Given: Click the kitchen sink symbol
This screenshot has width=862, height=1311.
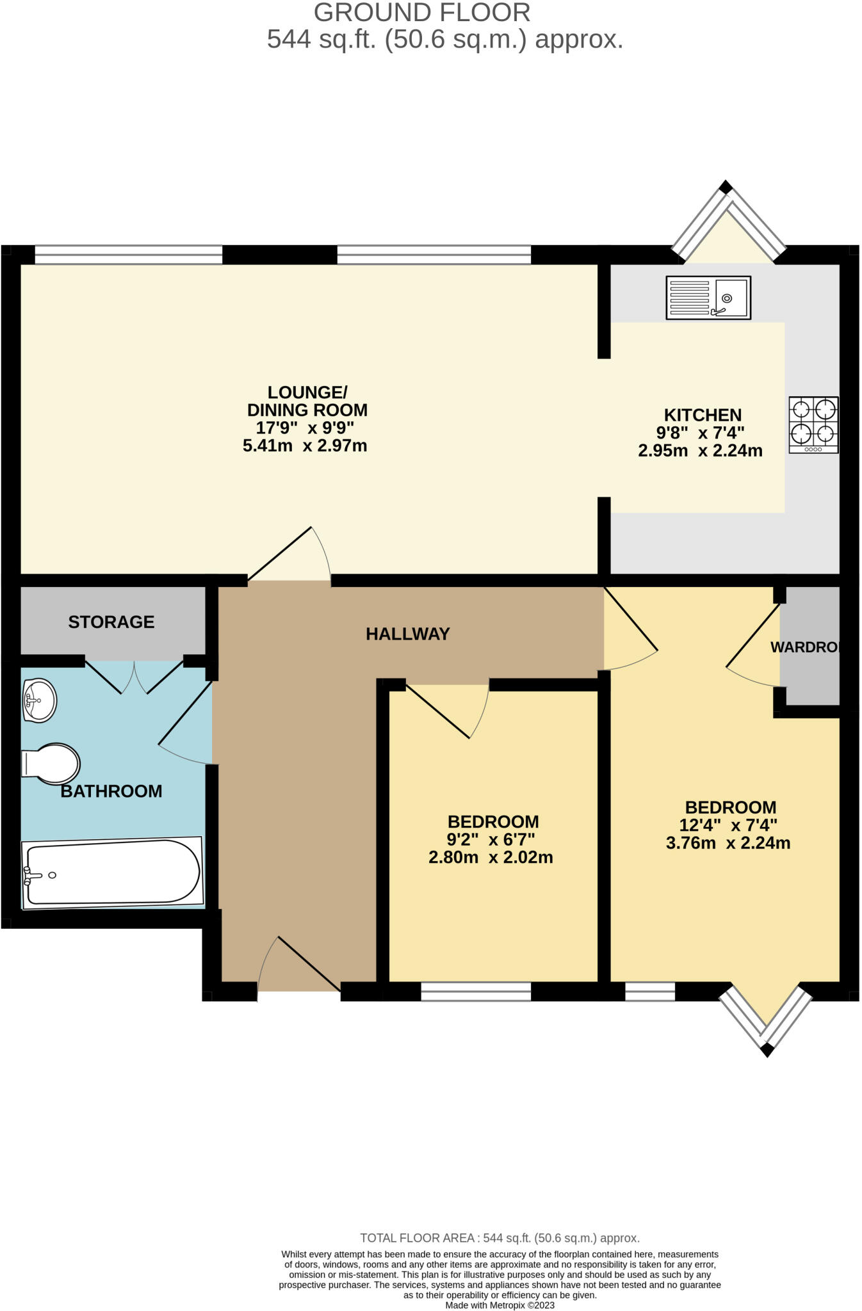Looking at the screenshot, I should tap(708, 298).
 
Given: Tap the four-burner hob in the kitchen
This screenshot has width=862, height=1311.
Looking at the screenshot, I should tap(813, 424).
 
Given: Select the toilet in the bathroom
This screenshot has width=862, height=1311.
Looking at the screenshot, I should tap(51, 763).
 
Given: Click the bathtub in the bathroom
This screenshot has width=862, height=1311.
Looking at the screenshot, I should tap(113, 873).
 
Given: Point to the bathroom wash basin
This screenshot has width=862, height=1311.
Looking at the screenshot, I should tap(39, 700).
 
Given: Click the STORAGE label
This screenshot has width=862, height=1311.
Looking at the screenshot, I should tap(111, 622).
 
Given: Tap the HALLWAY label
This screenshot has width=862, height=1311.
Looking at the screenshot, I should tap(408, 634).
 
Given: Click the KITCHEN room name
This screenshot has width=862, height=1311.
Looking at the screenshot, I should tap(703, 415).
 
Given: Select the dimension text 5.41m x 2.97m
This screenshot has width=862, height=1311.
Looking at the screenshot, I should tap(305, 446).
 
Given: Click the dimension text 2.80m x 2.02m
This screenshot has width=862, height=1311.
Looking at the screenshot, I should tap(491, 857).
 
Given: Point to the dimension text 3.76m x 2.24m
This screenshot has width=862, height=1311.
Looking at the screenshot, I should tap(728, 843).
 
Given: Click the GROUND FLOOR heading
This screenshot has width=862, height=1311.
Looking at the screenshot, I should tap(422, 13).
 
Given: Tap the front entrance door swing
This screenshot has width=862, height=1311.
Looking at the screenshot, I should tap(300, 964).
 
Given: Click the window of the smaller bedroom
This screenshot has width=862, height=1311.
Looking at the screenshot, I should tap(476, 992).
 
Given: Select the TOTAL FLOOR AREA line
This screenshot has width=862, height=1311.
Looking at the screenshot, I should tap(500, 1238).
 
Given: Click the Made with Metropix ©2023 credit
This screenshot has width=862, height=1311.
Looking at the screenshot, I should tap(500, 1305).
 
